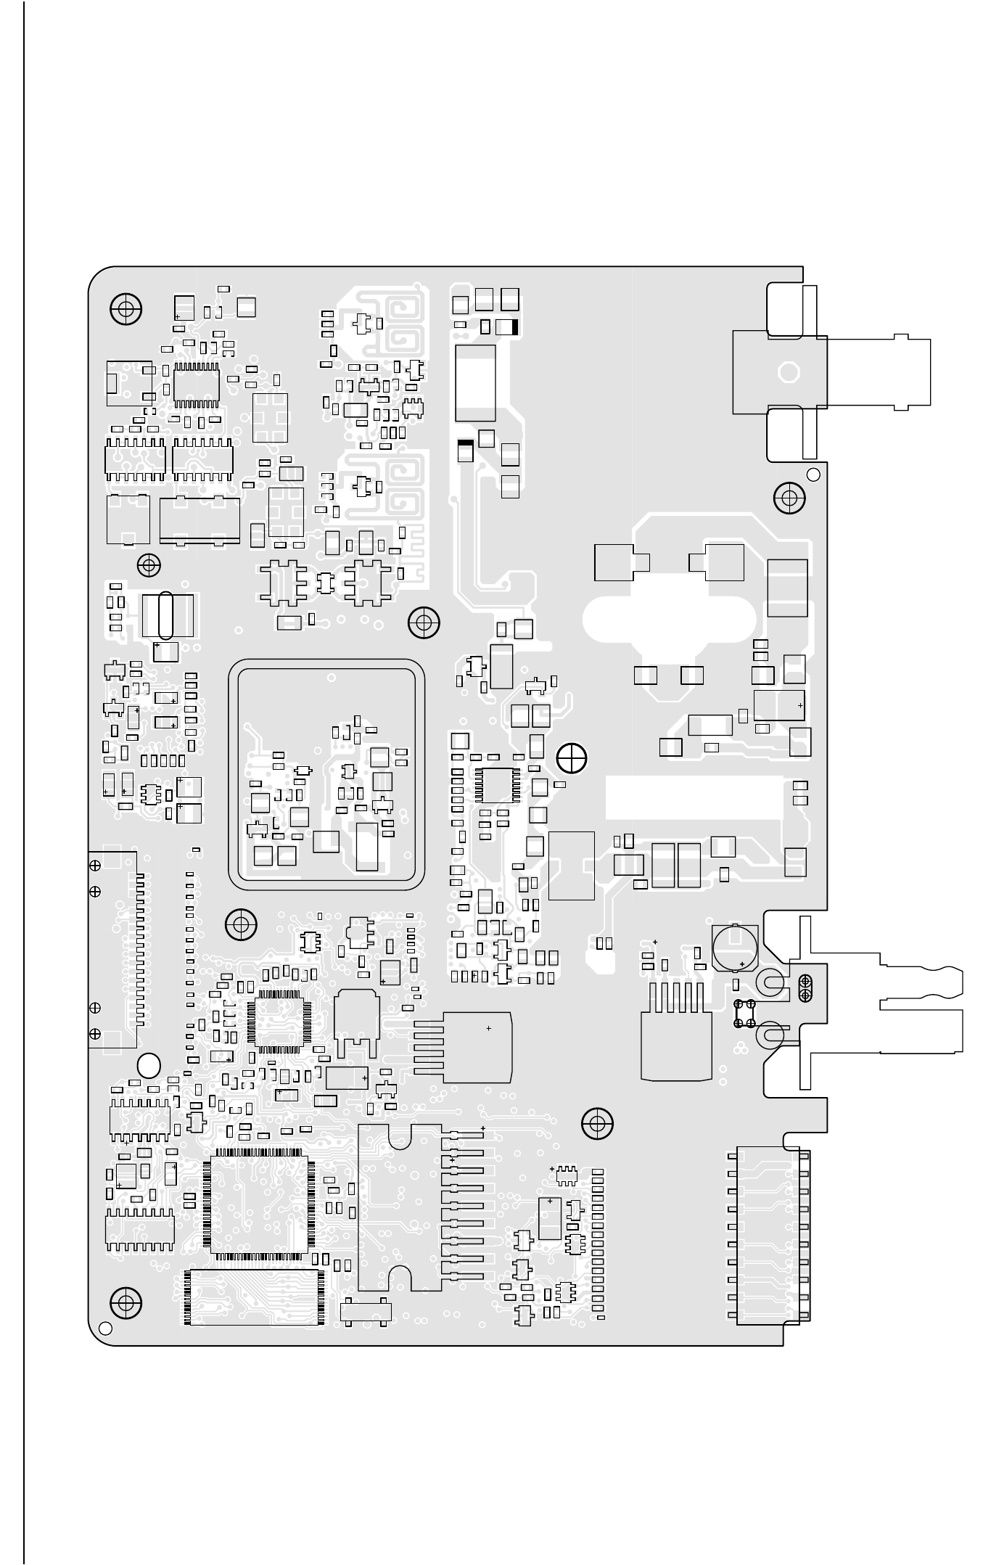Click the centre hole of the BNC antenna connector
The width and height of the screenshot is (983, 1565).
(788, 373)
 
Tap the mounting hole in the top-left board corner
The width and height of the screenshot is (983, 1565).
(126, 310)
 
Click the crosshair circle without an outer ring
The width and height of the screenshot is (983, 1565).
(572, 757)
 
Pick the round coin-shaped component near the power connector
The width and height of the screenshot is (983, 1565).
(734, 946)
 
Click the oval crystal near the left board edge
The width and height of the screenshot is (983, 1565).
(166, 615)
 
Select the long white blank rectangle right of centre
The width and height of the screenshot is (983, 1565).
(694, 797)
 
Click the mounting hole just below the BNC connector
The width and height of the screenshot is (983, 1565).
(789, 498)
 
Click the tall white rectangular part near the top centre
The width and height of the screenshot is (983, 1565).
(475, 382)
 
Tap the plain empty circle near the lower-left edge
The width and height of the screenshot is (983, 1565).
(149, 1064)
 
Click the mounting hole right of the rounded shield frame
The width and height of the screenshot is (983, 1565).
(424, 623)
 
